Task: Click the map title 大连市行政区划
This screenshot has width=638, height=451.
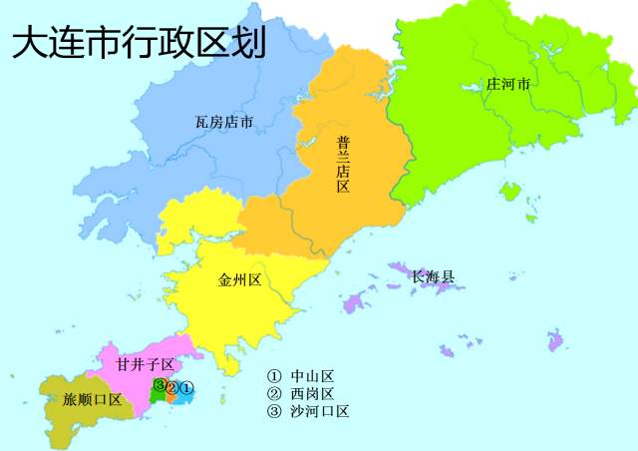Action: point(139,44)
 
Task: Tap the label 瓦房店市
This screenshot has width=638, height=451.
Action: point(223,123)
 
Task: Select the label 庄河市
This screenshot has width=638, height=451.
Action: point(507,84)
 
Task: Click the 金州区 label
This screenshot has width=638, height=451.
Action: point(239,280)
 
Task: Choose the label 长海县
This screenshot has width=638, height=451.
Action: point(433,275)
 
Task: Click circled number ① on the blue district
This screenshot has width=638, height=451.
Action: point(186,387)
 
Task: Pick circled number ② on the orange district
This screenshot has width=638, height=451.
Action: point(171,387)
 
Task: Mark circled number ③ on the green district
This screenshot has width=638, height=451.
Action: point(159,385)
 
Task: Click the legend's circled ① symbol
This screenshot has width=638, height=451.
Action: point(274,376)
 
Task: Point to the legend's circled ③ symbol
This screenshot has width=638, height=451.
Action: point(274,411)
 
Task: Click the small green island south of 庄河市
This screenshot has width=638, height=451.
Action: point(510,191)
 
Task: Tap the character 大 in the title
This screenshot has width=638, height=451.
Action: point(27,44)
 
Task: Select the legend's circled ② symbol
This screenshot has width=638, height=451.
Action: point(274,393)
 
